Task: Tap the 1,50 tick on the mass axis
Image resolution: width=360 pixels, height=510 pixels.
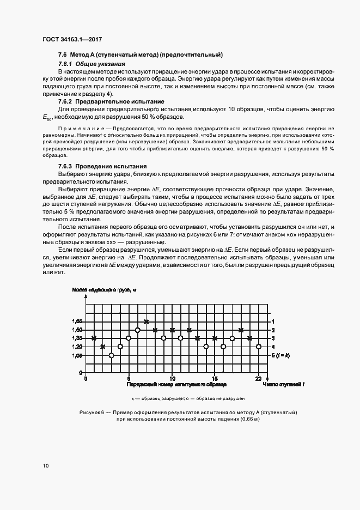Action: (x=77, y=330)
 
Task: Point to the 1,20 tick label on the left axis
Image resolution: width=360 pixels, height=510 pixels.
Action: (x=77, y=347)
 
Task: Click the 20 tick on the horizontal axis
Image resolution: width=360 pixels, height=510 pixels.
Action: (x=258, y=378)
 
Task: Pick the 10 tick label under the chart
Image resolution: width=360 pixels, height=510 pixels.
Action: (x=172, y=378)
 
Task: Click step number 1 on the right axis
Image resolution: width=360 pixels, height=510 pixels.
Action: (x=273, y=321)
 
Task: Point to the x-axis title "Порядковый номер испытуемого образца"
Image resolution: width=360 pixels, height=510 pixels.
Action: (x=172, y=385)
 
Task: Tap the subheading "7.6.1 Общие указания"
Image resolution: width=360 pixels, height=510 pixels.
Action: (x=91, y=64)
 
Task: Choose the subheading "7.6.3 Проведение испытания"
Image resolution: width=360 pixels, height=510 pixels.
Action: (x=104, y=166)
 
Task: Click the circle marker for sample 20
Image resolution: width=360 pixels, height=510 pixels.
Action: (x=258, y=347)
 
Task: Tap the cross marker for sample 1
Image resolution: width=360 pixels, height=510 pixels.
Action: (x=94, y=338)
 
